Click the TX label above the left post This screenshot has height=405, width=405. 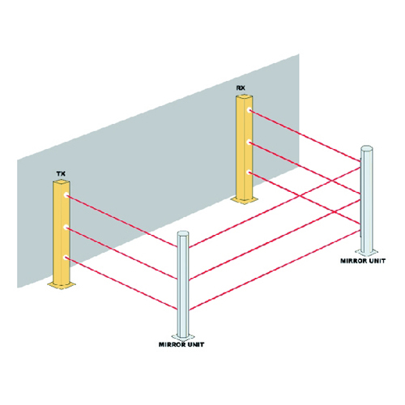click(x=61, y=173)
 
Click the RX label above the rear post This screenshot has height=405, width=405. click(x=241, y=88)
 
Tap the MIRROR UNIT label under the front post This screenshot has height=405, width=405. click(x=181, y=344)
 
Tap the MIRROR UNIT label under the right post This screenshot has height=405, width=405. click(x=363, y=261)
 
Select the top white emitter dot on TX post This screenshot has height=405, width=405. click(x=66, y=195)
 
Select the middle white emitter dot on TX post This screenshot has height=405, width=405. click(x=66, y=228)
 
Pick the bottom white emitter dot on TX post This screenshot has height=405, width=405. click(x=66, y=258)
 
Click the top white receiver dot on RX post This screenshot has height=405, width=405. click(x=249, y=110)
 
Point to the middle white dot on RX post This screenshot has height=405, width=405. click(x=249, y=143)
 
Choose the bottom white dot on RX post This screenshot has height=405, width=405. click(x=249, y=173)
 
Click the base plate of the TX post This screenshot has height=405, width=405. click(x=62, y=284)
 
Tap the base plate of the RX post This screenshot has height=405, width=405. click(x=245, y=199)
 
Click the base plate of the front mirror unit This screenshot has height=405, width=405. click(x=183, y=337)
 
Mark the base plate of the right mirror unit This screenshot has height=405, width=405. click(x=366, y=253)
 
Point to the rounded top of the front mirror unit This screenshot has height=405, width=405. click(x=183, y=233)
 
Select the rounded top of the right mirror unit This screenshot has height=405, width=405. click(x=367, y=148)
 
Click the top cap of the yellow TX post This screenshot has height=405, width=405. click(x=62, y=183)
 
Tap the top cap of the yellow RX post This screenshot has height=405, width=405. click(x=245, y=97)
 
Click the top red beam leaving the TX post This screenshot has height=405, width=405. click(x=122, y=220)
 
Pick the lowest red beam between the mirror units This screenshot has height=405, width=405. click(x=275, y=271)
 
